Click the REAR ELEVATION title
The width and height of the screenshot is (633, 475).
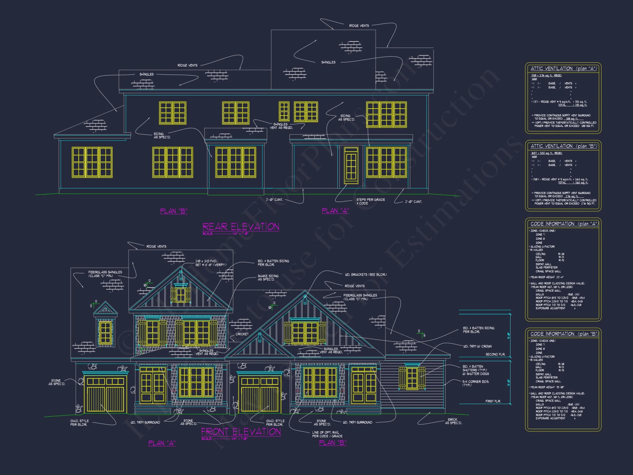coord(241,227)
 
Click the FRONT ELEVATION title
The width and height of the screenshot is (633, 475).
coord(241,432)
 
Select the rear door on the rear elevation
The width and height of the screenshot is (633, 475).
coord(351,165)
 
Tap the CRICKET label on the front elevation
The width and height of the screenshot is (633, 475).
coord(242,334)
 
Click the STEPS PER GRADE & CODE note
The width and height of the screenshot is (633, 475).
coord(370,201)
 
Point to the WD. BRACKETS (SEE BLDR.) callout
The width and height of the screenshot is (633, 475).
coord(366,275)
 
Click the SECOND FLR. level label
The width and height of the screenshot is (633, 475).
coord(495,354)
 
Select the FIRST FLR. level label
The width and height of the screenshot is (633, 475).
coord(493,401)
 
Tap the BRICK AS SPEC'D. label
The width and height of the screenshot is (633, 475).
coord(453,421)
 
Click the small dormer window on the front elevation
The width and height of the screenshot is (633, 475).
coord(105,333)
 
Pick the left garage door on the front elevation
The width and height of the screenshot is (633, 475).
coord(105,395)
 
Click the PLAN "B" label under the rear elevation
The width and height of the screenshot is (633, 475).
coord(174,211)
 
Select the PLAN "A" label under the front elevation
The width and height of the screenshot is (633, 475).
coord(162,443)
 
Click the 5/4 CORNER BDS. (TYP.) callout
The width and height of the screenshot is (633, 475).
coord(475,383)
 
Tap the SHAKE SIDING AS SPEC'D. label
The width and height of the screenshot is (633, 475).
coord(268,278)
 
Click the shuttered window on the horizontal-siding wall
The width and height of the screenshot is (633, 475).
coord(412,378)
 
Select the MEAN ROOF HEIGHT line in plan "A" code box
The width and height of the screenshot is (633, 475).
coord(547,277)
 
